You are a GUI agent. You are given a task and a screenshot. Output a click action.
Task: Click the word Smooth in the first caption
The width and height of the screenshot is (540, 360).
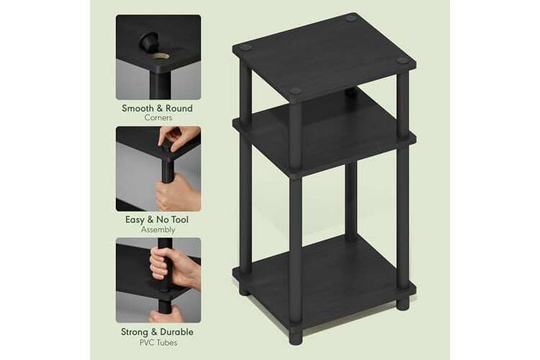pos(138,108)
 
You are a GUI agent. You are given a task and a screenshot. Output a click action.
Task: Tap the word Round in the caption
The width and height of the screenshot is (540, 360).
pos(179,108)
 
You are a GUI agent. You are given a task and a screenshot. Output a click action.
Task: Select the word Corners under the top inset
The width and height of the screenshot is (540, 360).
pos(158,118)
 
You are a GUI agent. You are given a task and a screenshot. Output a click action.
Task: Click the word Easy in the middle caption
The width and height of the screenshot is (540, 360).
pos(135,220)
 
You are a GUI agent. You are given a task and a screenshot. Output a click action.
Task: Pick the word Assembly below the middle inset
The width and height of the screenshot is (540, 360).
pos(158,230)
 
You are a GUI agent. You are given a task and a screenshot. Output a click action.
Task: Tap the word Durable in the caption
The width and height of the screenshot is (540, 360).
pos(176,332)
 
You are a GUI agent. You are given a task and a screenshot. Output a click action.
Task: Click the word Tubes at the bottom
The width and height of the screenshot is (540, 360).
pos(167,343)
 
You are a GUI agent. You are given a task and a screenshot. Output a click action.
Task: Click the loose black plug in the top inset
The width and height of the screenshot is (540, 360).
pos(148,41)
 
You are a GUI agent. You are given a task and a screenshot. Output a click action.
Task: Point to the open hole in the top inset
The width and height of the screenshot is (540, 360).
pos(161,56)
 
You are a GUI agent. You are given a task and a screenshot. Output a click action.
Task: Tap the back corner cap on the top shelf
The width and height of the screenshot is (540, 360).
pos(351,18)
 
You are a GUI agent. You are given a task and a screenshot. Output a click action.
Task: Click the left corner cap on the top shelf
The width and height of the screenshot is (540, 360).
pos(246,48)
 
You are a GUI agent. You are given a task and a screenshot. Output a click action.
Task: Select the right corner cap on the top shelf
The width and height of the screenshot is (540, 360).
pos(402,60)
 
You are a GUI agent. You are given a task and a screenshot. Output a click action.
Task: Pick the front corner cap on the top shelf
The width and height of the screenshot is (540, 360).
pos(295,91)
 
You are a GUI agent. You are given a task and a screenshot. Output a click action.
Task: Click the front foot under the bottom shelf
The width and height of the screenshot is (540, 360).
pos(295,336)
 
